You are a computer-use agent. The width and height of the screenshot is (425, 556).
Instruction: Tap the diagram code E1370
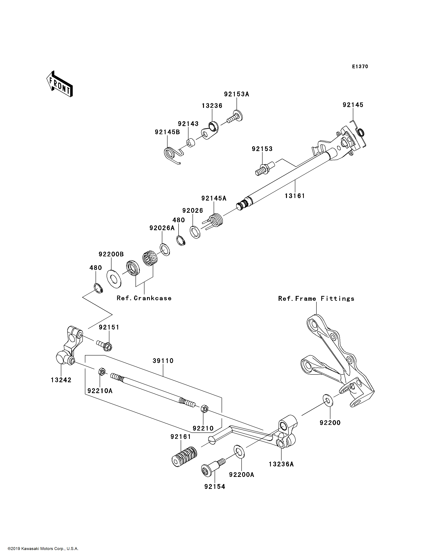pyautogui.click(x=360, y=67)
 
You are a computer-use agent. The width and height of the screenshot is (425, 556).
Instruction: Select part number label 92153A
pyautogui.click(x=237, y=94)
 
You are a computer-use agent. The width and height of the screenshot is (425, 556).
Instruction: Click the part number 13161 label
pyautogui.click(x=295, y=196)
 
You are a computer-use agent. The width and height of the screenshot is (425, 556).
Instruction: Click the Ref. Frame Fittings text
pyautogui.click(x=316, y=299)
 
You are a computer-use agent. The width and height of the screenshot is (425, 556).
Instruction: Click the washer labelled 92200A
pyautogui.click(x=239, y=451)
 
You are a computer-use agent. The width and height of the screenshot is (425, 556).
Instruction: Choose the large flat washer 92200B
pyautogui.click(x=114, y=279)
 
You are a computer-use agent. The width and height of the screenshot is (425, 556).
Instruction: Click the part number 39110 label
pyautogui.click(x=163, y=361)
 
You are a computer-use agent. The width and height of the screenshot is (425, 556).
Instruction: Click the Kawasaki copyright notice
pyautogui.click(x=43, y=549)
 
